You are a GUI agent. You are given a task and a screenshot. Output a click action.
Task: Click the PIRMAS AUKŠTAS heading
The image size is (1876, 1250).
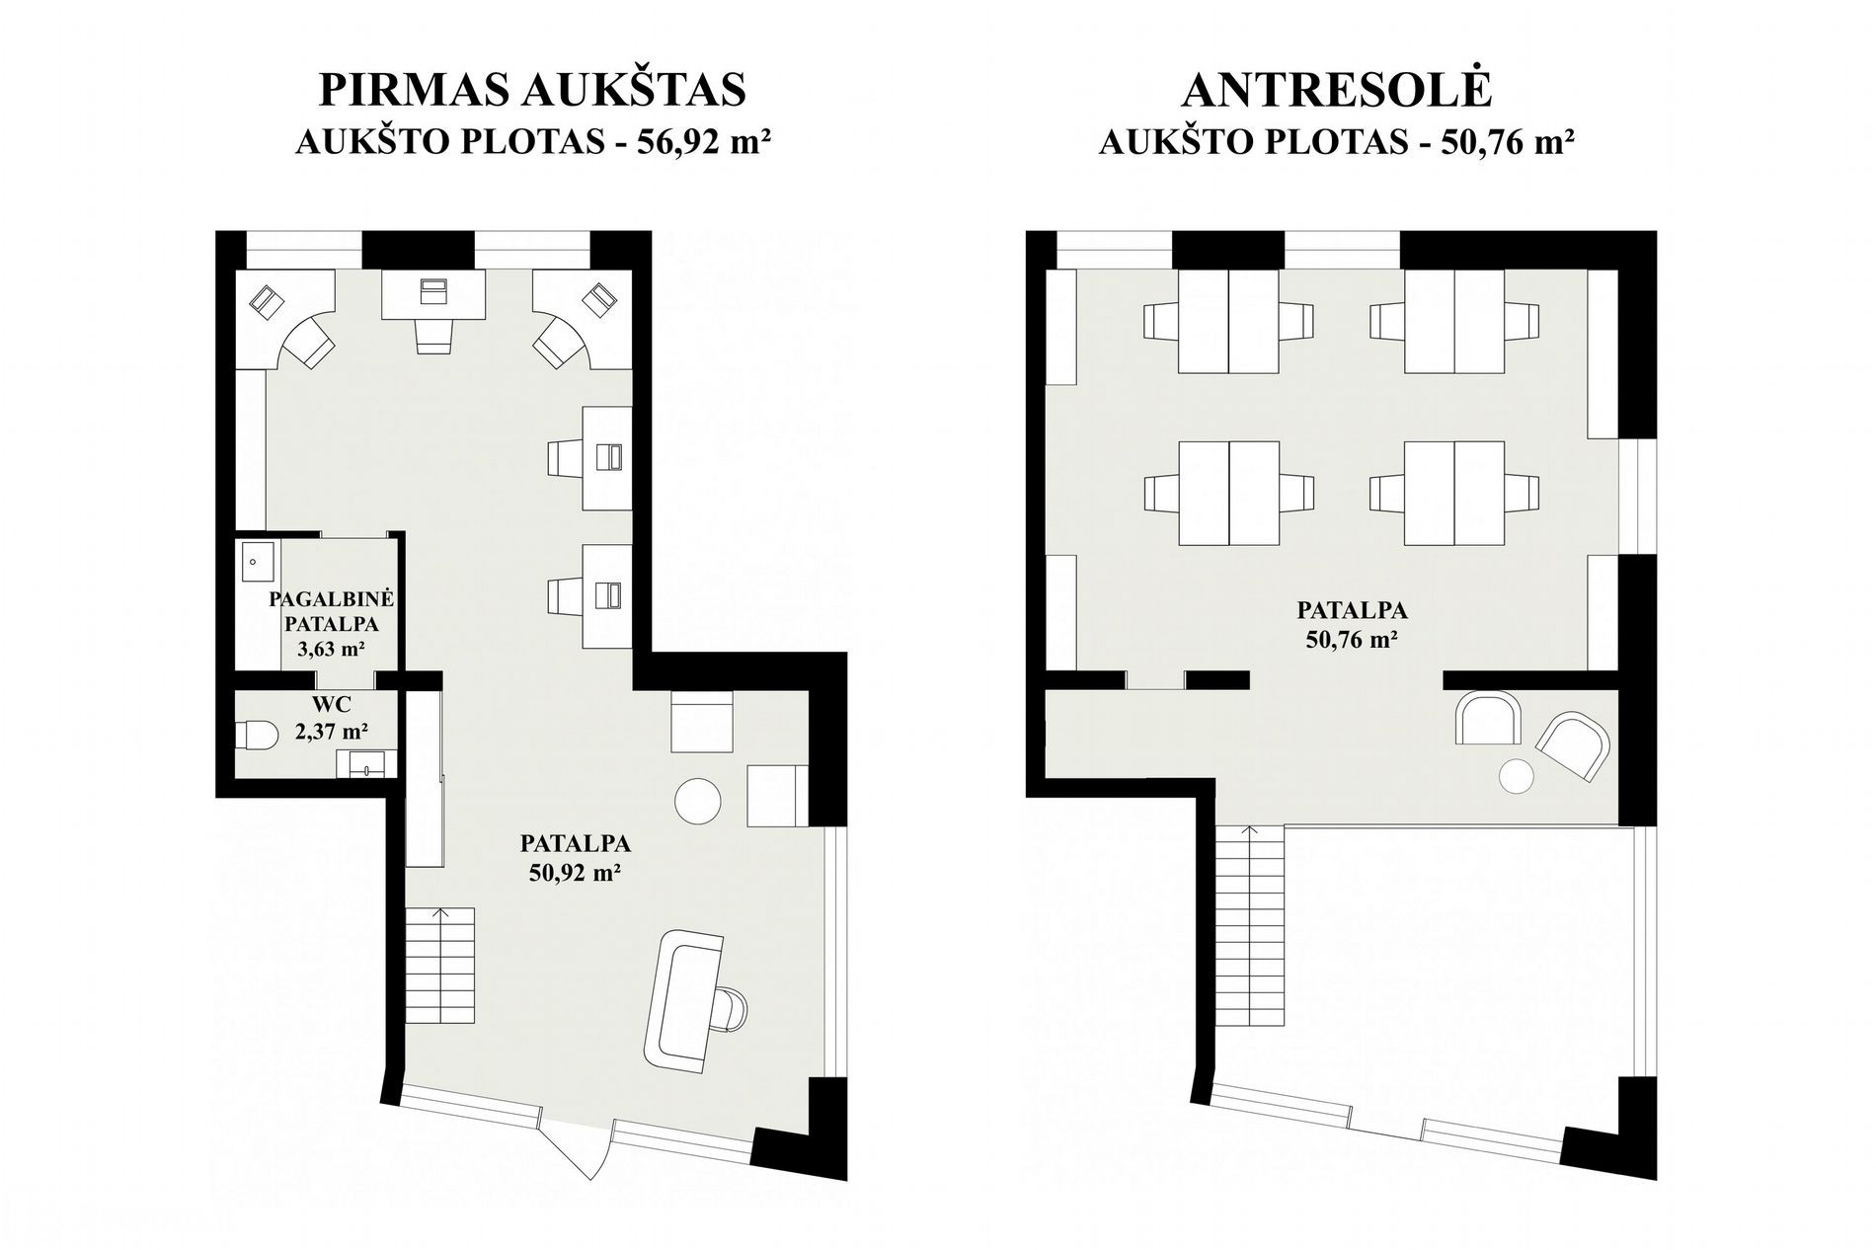pyautogui.click(x=532, y=89)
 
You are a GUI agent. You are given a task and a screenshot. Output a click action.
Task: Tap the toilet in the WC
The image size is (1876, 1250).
pyautogui.click(x=254, y=735)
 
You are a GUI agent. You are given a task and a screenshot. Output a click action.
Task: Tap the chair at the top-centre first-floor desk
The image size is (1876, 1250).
pyautogui.click(x=433, y=334)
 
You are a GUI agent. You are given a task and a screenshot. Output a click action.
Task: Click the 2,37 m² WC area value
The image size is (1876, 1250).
pyautogui.click(x=331, y=732)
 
